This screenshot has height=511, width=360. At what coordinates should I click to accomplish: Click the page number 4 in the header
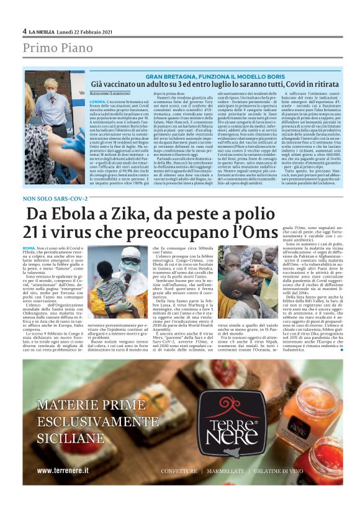[x=25, y=30]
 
